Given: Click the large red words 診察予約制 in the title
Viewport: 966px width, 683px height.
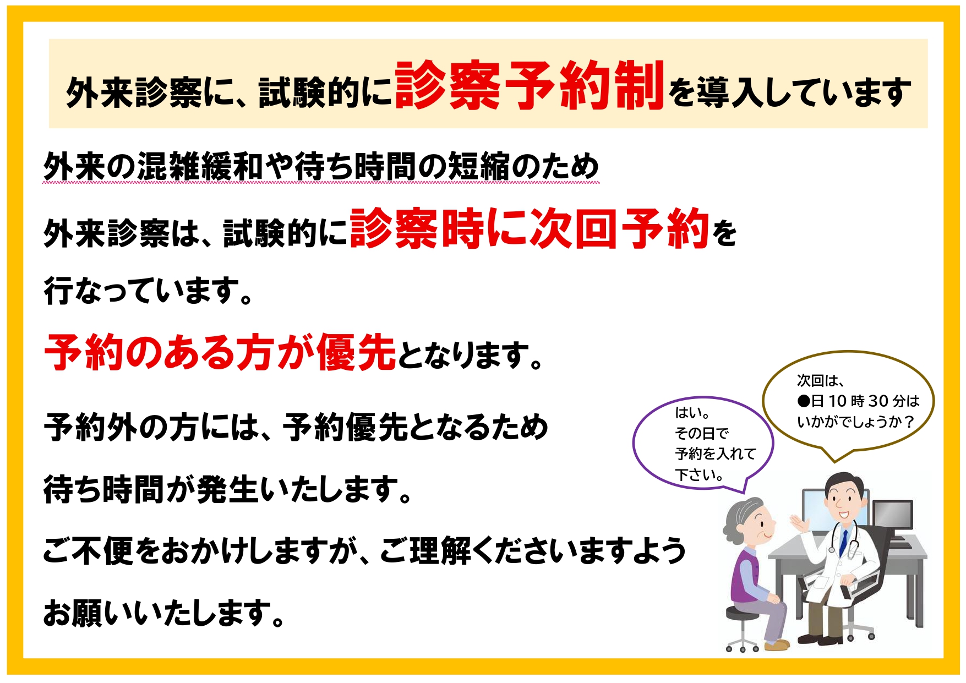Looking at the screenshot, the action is coord(530,86).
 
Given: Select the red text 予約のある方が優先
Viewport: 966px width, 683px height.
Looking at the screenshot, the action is coord(220,352).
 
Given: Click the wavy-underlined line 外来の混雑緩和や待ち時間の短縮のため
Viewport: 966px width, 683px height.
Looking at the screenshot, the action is coord(321,166).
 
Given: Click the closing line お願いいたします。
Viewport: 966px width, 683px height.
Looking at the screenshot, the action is coord(163,613).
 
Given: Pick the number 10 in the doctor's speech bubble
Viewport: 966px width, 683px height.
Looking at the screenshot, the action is coord(837,401).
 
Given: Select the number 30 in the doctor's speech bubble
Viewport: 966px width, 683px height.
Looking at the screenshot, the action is coord(878,401).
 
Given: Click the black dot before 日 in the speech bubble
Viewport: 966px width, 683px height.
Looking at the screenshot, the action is coord(804,401).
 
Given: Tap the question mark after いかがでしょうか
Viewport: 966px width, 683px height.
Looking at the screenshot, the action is coord(909,422).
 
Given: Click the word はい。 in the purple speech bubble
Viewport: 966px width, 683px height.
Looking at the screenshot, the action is coord(692,413).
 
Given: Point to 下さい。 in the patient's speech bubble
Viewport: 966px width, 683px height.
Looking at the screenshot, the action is coord(698,474).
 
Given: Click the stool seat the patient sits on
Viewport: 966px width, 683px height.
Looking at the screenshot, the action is coord(746,611).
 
